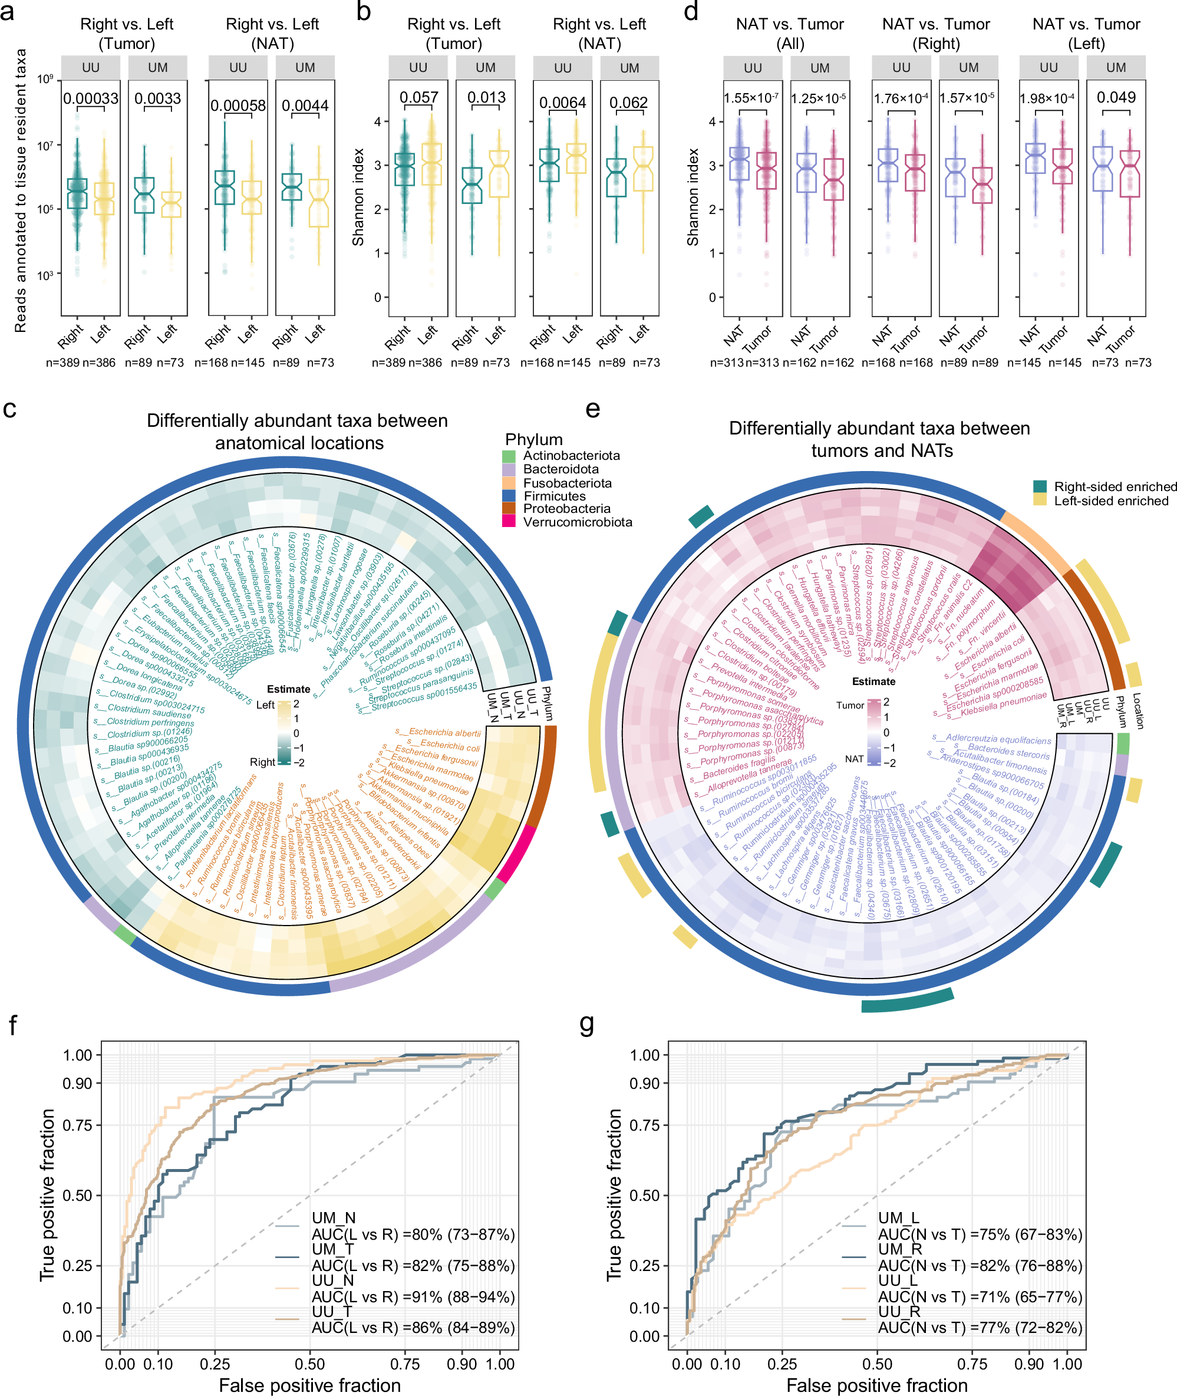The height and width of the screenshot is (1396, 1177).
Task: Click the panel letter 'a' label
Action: coord(8,12)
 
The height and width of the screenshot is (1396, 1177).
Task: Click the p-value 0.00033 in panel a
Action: coord(91,99)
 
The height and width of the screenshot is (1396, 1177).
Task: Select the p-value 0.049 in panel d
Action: coord(1116,97)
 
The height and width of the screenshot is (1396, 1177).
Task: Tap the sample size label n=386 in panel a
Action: coord(99,363)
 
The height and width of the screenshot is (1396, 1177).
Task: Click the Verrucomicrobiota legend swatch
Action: coord(509,522)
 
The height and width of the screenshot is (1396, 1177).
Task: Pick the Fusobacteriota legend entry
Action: coord(566,482)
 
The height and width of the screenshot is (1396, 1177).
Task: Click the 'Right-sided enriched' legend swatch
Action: coord(1040,486)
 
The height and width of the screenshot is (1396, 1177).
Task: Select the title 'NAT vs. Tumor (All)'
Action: coord(790,34)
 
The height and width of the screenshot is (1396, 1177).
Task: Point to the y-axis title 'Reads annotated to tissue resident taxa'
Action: coord(21,190)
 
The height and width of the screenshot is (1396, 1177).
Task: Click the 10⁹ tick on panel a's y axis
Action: coord(45,80)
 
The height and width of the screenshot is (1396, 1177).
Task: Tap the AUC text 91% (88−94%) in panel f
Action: coord(413,1297)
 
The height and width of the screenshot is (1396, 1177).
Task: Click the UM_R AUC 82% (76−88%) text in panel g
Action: coord(980,1266)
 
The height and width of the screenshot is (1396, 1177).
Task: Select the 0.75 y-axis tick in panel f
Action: coord(77,1125)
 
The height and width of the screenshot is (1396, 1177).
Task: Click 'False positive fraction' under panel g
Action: coord(877,1385)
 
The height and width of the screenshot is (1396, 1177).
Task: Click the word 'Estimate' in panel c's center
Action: coord(288,689)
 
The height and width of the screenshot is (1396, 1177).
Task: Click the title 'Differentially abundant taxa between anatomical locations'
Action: coord(298,432)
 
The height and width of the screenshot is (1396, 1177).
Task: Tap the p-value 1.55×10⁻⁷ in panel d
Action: coord(751,98)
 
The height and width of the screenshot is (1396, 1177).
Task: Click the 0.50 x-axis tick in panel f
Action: coord(310,1364)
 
